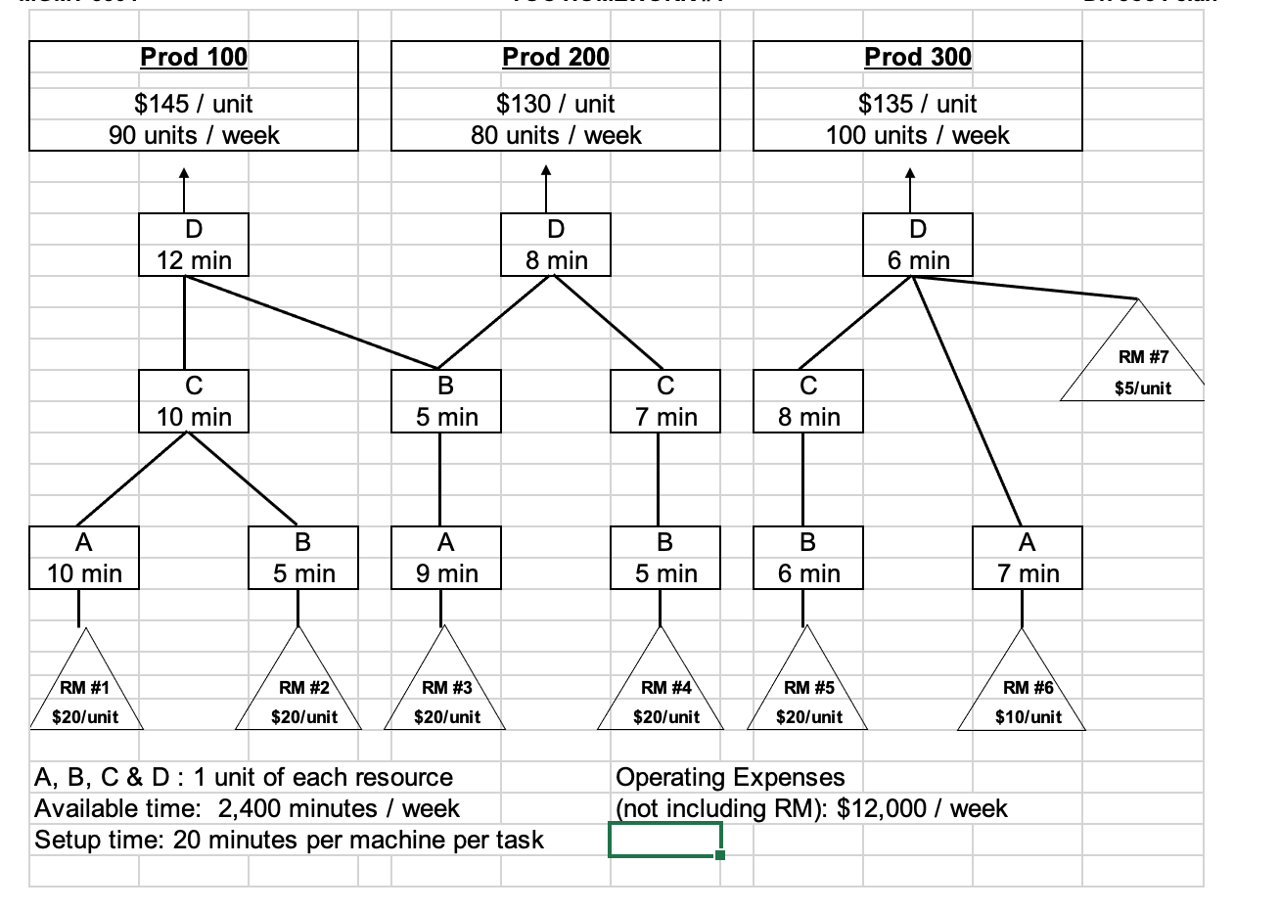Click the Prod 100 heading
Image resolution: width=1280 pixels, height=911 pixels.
[194, 57]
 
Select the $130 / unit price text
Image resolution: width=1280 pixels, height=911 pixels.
[555, 104]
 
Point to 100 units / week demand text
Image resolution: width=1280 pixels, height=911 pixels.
[917, 135]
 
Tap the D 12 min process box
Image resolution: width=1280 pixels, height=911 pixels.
[194, 245]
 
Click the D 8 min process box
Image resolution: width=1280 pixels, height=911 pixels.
[556, 245]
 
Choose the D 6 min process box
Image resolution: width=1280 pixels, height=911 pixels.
[917, 245]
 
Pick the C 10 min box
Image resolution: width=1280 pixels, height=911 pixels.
[194, 401]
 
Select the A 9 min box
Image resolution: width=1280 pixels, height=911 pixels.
[446, 558]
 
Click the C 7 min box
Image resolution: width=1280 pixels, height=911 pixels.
[665, 401]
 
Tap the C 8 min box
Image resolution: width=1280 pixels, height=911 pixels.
[808, 401]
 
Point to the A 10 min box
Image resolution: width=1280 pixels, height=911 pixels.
[84, 558]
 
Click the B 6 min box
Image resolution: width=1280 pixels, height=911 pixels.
[808, 558]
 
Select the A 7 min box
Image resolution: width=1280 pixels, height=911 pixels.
[1028, 558]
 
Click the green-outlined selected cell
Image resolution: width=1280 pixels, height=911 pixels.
[665, 840]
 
